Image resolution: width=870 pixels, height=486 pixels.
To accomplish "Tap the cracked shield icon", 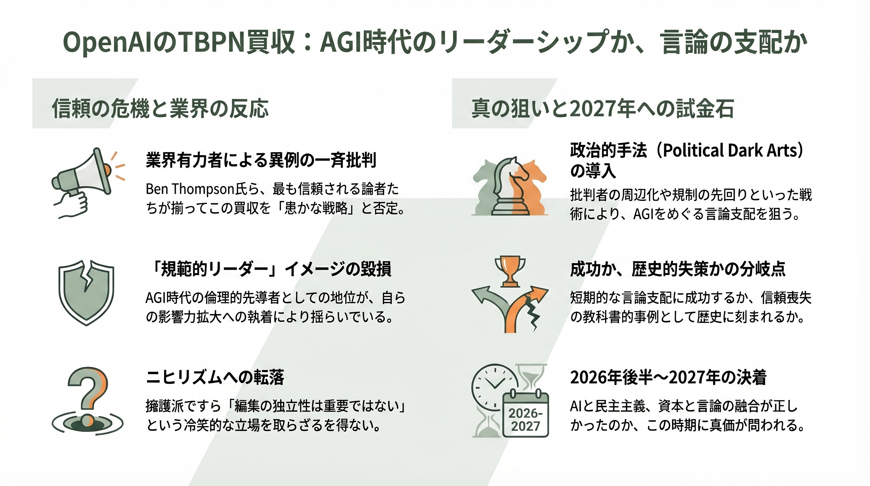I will tap(86, 292).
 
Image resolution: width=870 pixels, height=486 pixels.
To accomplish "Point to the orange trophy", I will tap(510, 271).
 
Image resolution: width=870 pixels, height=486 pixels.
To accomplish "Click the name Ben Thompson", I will tap(190, 189).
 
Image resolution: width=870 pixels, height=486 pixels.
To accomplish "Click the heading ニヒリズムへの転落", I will tap(215, 377).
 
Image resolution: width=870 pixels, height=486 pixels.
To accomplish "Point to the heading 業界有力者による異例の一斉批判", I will tap(261, 160).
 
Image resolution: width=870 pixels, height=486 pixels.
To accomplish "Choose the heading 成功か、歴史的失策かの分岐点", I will tap(677, 269).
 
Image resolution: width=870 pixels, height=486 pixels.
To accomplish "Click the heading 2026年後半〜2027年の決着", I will tap(668, 377).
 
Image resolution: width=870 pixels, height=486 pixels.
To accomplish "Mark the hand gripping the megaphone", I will tap(73, 204).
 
